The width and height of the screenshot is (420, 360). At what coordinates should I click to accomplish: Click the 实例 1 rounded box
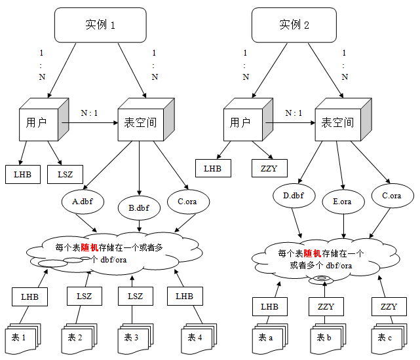100,25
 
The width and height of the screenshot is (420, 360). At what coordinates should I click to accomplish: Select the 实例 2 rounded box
294,25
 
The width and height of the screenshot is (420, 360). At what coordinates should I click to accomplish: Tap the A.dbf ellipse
83,202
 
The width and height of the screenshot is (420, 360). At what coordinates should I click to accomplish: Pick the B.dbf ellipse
139,208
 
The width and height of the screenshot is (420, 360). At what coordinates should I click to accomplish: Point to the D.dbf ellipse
294,196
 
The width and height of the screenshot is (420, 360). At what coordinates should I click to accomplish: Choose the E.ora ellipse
343,202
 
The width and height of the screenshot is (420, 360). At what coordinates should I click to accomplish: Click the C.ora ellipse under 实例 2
392,196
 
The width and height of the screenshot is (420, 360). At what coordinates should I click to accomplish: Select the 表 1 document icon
23,338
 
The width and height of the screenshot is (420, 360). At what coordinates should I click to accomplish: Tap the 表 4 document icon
199,338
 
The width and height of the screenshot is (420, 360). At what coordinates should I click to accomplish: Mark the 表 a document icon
270,338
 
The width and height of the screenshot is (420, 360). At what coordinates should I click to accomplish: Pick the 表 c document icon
389,338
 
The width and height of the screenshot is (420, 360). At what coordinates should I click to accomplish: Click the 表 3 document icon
136,338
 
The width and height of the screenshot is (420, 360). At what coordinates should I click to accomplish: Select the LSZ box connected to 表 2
85,297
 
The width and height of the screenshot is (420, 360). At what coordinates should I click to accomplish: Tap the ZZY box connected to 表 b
326,307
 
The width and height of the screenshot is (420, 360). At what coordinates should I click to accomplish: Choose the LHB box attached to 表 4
185,297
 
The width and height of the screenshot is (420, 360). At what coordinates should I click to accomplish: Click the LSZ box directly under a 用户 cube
65,175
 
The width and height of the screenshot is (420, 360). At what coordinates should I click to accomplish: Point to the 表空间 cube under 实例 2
343,120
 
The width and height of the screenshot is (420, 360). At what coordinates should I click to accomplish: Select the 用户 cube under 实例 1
44,120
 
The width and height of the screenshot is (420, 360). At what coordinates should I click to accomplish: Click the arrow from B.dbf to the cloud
139,226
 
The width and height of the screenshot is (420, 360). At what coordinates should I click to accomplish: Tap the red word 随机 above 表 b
313,253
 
